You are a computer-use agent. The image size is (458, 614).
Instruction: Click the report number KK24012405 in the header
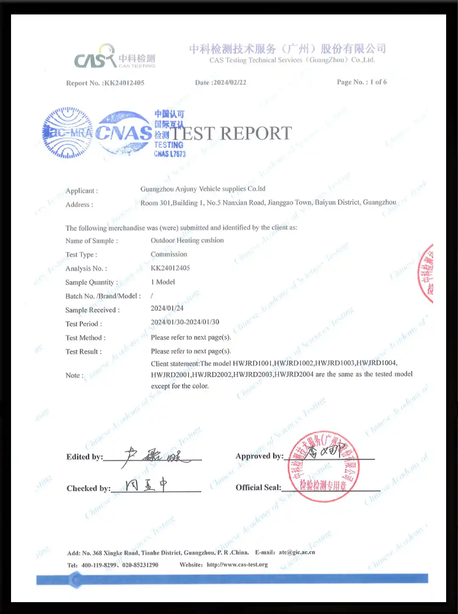(124, 83)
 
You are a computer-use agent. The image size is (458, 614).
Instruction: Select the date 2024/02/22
(229, 82)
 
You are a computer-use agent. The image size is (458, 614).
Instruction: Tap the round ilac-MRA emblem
(68, 132)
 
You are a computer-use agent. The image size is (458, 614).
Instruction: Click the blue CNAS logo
(123, 132)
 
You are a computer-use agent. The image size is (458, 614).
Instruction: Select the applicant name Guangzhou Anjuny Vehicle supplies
(203, 189)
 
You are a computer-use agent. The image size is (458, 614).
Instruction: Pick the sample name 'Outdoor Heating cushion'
(187, 240)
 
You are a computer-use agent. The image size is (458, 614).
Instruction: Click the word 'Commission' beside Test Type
(169, 254)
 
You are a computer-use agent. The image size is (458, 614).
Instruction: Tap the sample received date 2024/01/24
(167, 308)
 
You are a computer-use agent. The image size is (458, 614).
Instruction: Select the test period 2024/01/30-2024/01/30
(185, 322)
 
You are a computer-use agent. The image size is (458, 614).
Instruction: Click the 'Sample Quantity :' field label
(92, 282)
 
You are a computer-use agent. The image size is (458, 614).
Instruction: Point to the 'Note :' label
(75, 375)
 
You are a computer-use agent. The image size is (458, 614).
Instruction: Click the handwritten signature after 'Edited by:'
(155, 456)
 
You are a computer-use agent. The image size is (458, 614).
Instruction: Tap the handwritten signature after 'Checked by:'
(146, 485)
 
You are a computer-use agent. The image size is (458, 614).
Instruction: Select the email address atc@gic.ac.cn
(297, 552)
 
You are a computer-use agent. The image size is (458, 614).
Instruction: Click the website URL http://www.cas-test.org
(237, 565)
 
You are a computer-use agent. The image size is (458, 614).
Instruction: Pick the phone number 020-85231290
(140, 565)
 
